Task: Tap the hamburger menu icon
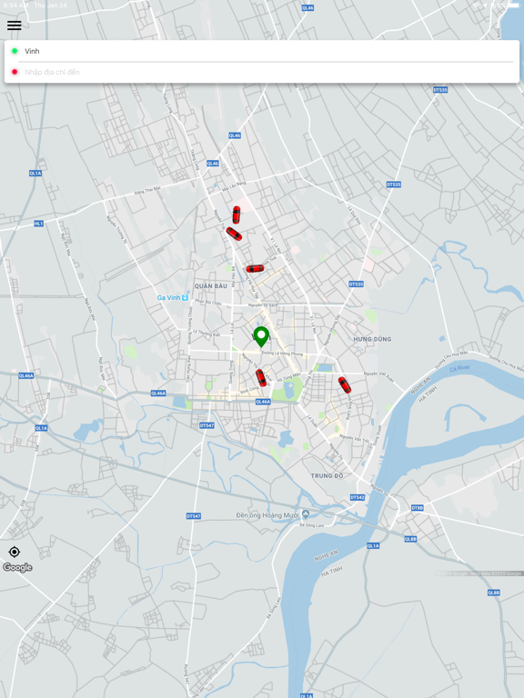[15, 25]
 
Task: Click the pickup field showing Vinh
[264, 51]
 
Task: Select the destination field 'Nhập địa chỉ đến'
[264, 72]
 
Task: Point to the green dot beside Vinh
[15, 51]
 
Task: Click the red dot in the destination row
[15, 72]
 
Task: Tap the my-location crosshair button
[15, 552]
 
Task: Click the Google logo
[17, 567]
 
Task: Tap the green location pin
[261, 336]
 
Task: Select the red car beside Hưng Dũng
[345, 384]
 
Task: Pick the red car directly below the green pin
[261, 377]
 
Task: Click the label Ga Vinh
[169, 297]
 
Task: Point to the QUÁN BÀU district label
[210, 285]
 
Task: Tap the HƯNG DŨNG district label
[372, 339]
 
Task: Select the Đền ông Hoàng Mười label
[268, 514]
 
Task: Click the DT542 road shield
[358, 497]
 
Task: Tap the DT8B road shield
[417, 508]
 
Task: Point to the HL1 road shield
[38, 224]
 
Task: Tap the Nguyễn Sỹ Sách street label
[263, 305]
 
